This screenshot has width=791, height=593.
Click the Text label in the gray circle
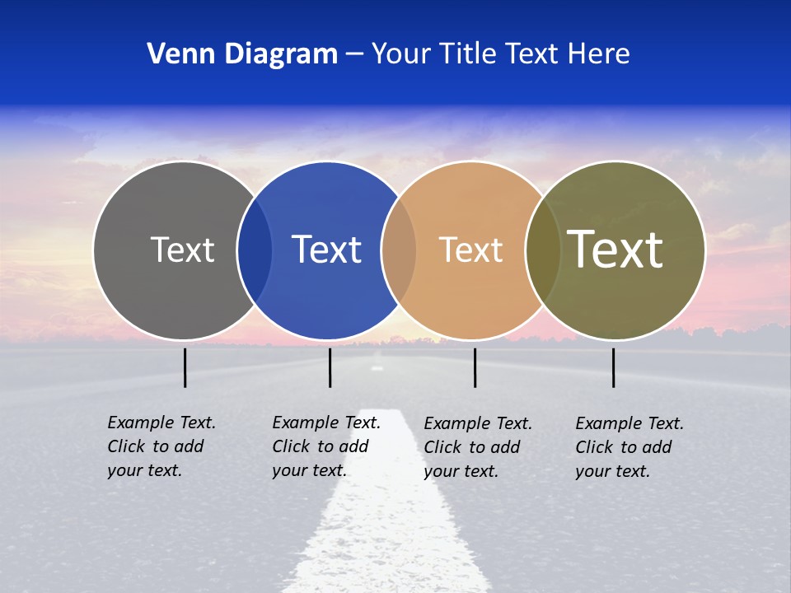click(182, 250)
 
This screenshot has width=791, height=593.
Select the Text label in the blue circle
click(326, 250)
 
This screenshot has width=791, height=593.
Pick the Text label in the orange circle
click(470, 250)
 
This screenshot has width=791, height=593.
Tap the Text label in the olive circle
click(615, 250)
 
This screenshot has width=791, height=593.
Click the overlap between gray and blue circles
click(255, 250)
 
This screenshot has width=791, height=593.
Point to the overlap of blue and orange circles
click(399, 250)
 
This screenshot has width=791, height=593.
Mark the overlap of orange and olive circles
click(543, 250)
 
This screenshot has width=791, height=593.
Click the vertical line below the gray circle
click(185, 367)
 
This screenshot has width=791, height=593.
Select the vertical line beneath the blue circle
click(330, 367)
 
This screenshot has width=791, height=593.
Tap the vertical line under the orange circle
click(475, 367)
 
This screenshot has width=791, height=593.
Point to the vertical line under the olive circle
click(613, 367)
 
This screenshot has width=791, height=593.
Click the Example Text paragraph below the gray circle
click(161, 446)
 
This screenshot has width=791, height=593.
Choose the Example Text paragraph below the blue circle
click(325, 446)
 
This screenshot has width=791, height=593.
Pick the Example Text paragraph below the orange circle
click(477, 447)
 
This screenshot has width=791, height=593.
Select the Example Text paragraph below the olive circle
click(629, 447)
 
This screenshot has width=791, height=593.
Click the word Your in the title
click(401, 54)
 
